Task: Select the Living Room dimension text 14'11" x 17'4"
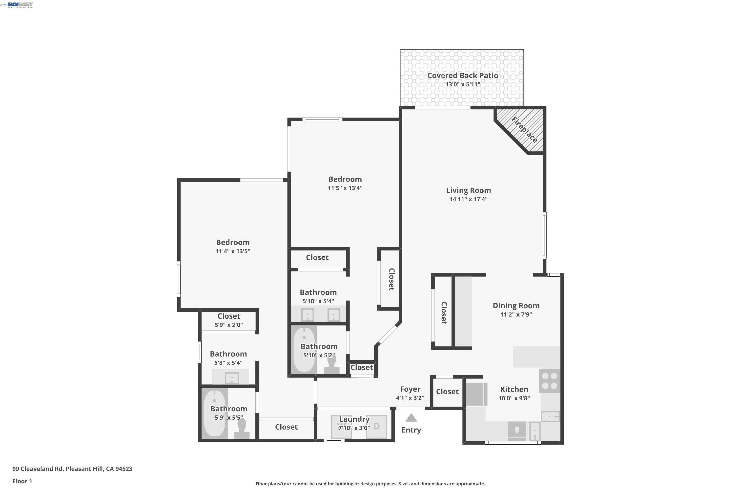point(469,199)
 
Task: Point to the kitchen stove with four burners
point(549,381)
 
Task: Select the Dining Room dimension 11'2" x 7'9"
point(516,314)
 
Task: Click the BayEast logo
point(20,5)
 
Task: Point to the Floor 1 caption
point(22,481)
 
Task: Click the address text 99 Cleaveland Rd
point(38,469)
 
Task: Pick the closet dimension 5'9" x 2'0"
point(229,325)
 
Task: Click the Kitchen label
point(514,390)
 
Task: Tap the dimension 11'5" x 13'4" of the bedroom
point(345,188)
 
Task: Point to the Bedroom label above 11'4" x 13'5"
point(233,243)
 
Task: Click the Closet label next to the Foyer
point(447,391)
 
